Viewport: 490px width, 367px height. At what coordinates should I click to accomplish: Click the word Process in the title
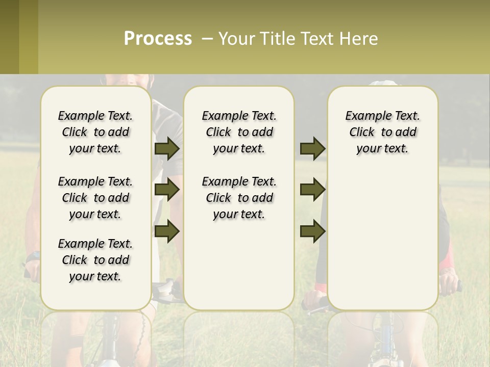click(158, 39)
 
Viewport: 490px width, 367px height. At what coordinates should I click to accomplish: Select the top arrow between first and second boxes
click(167, 148)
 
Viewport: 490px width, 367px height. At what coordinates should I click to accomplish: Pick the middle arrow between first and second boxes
click(167, 190)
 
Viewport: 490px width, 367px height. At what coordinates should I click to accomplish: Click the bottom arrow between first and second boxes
click(167, 231)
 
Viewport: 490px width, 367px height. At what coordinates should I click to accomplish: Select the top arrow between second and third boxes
click(313, 148)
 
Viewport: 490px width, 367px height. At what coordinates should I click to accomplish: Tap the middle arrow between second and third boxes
click(313, 190)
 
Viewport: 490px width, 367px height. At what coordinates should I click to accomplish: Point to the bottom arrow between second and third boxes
click(313, 231)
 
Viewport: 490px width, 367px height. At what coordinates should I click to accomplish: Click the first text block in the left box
click(95, 132)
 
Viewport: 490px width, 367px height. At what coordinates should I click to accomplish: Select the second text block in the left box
click(95, 198)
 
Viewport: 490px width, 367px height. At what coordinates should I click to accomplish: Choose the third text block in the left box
click(95, 260)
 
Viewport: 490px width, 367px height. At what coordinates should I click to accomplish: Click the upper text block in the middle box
click(239, 132)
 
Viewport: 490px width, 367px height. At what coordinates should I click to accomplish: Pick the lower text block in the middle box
click(239, 198)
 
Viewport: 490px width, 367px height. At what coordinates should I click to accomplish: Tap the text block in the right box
click(382, 132)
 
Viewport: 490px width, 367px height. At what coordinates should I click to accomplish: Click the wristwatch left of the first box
click(33, 256)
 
